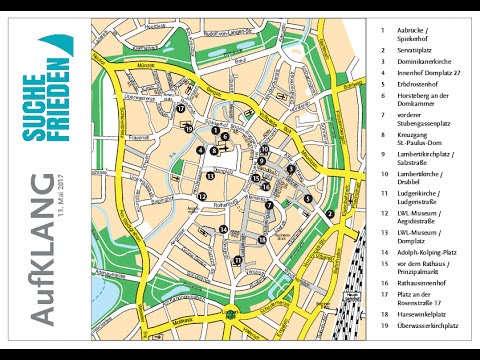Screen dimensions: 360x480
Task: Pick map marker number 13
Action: pyautogui.click(x=209, y=176)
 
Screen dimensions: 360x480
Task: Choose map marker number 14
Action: pyautogui.click(x=223, y=230)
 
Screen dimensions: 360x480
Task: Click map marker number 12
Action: pyautogui.click(x=203, y=197)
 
